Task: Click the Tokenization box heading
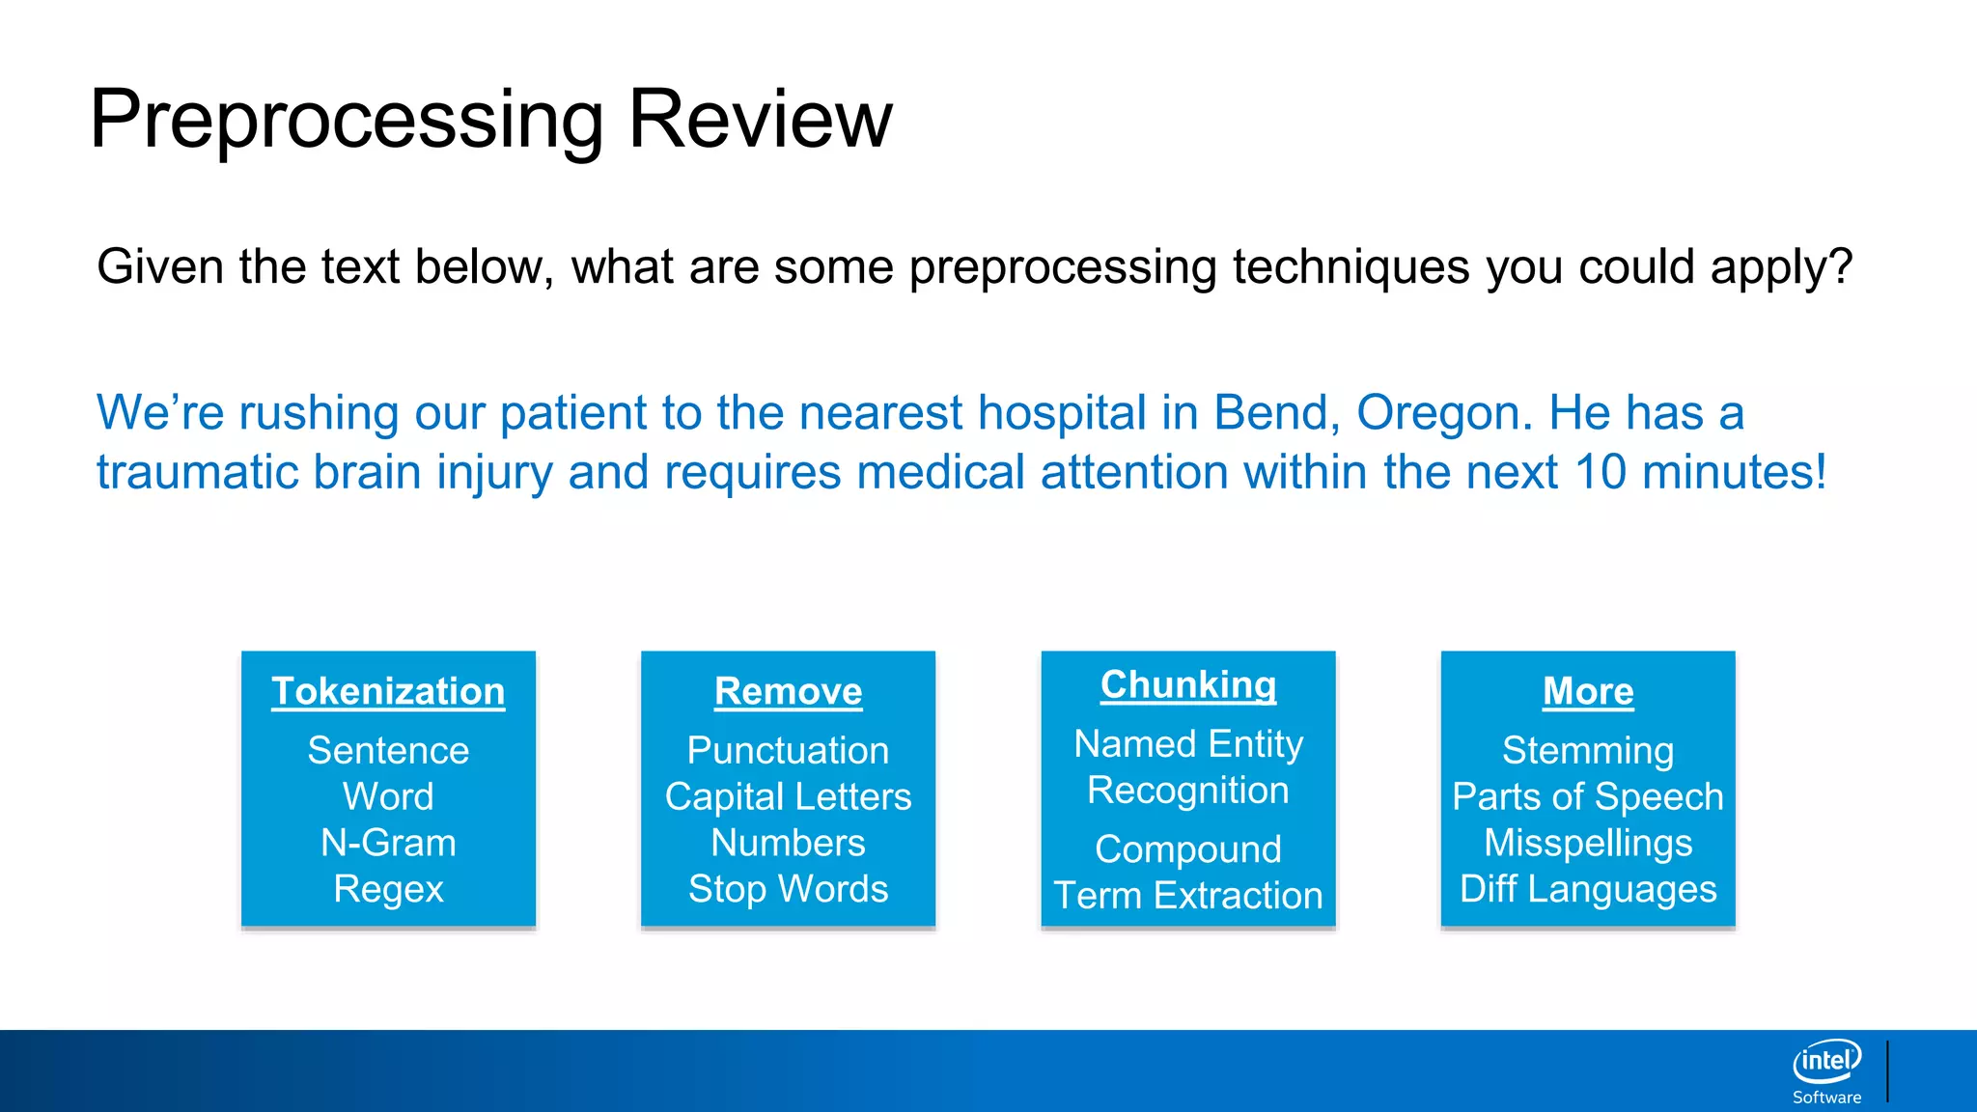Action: tap(388, 691)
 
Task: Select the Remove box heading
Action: tap(788, 691)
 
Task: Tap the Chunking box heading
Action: tap(1188, 684)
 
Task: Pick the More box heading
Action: tap(1588, 691)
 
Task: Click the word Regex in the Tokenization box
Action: tap(388, 889)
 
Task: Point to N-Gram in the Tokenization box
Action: tap(388, 843)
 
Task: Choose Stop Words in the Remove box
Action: tap(788, 889)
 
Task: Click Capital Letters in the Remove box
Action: tap(788, 796)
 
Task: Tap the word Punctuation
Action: tap(788, 750)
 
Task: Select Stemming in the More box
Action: tap(1588, 751)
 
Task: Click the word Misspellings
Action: tap(1588, 844)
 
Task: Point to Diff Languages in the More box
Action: tap(1588, 889)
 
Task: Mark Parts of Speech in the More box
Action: tap(1588, 797)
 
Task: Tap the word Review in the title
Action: tap(761, 119)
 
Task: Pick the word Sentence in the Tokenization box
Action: tap(388, 750)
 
